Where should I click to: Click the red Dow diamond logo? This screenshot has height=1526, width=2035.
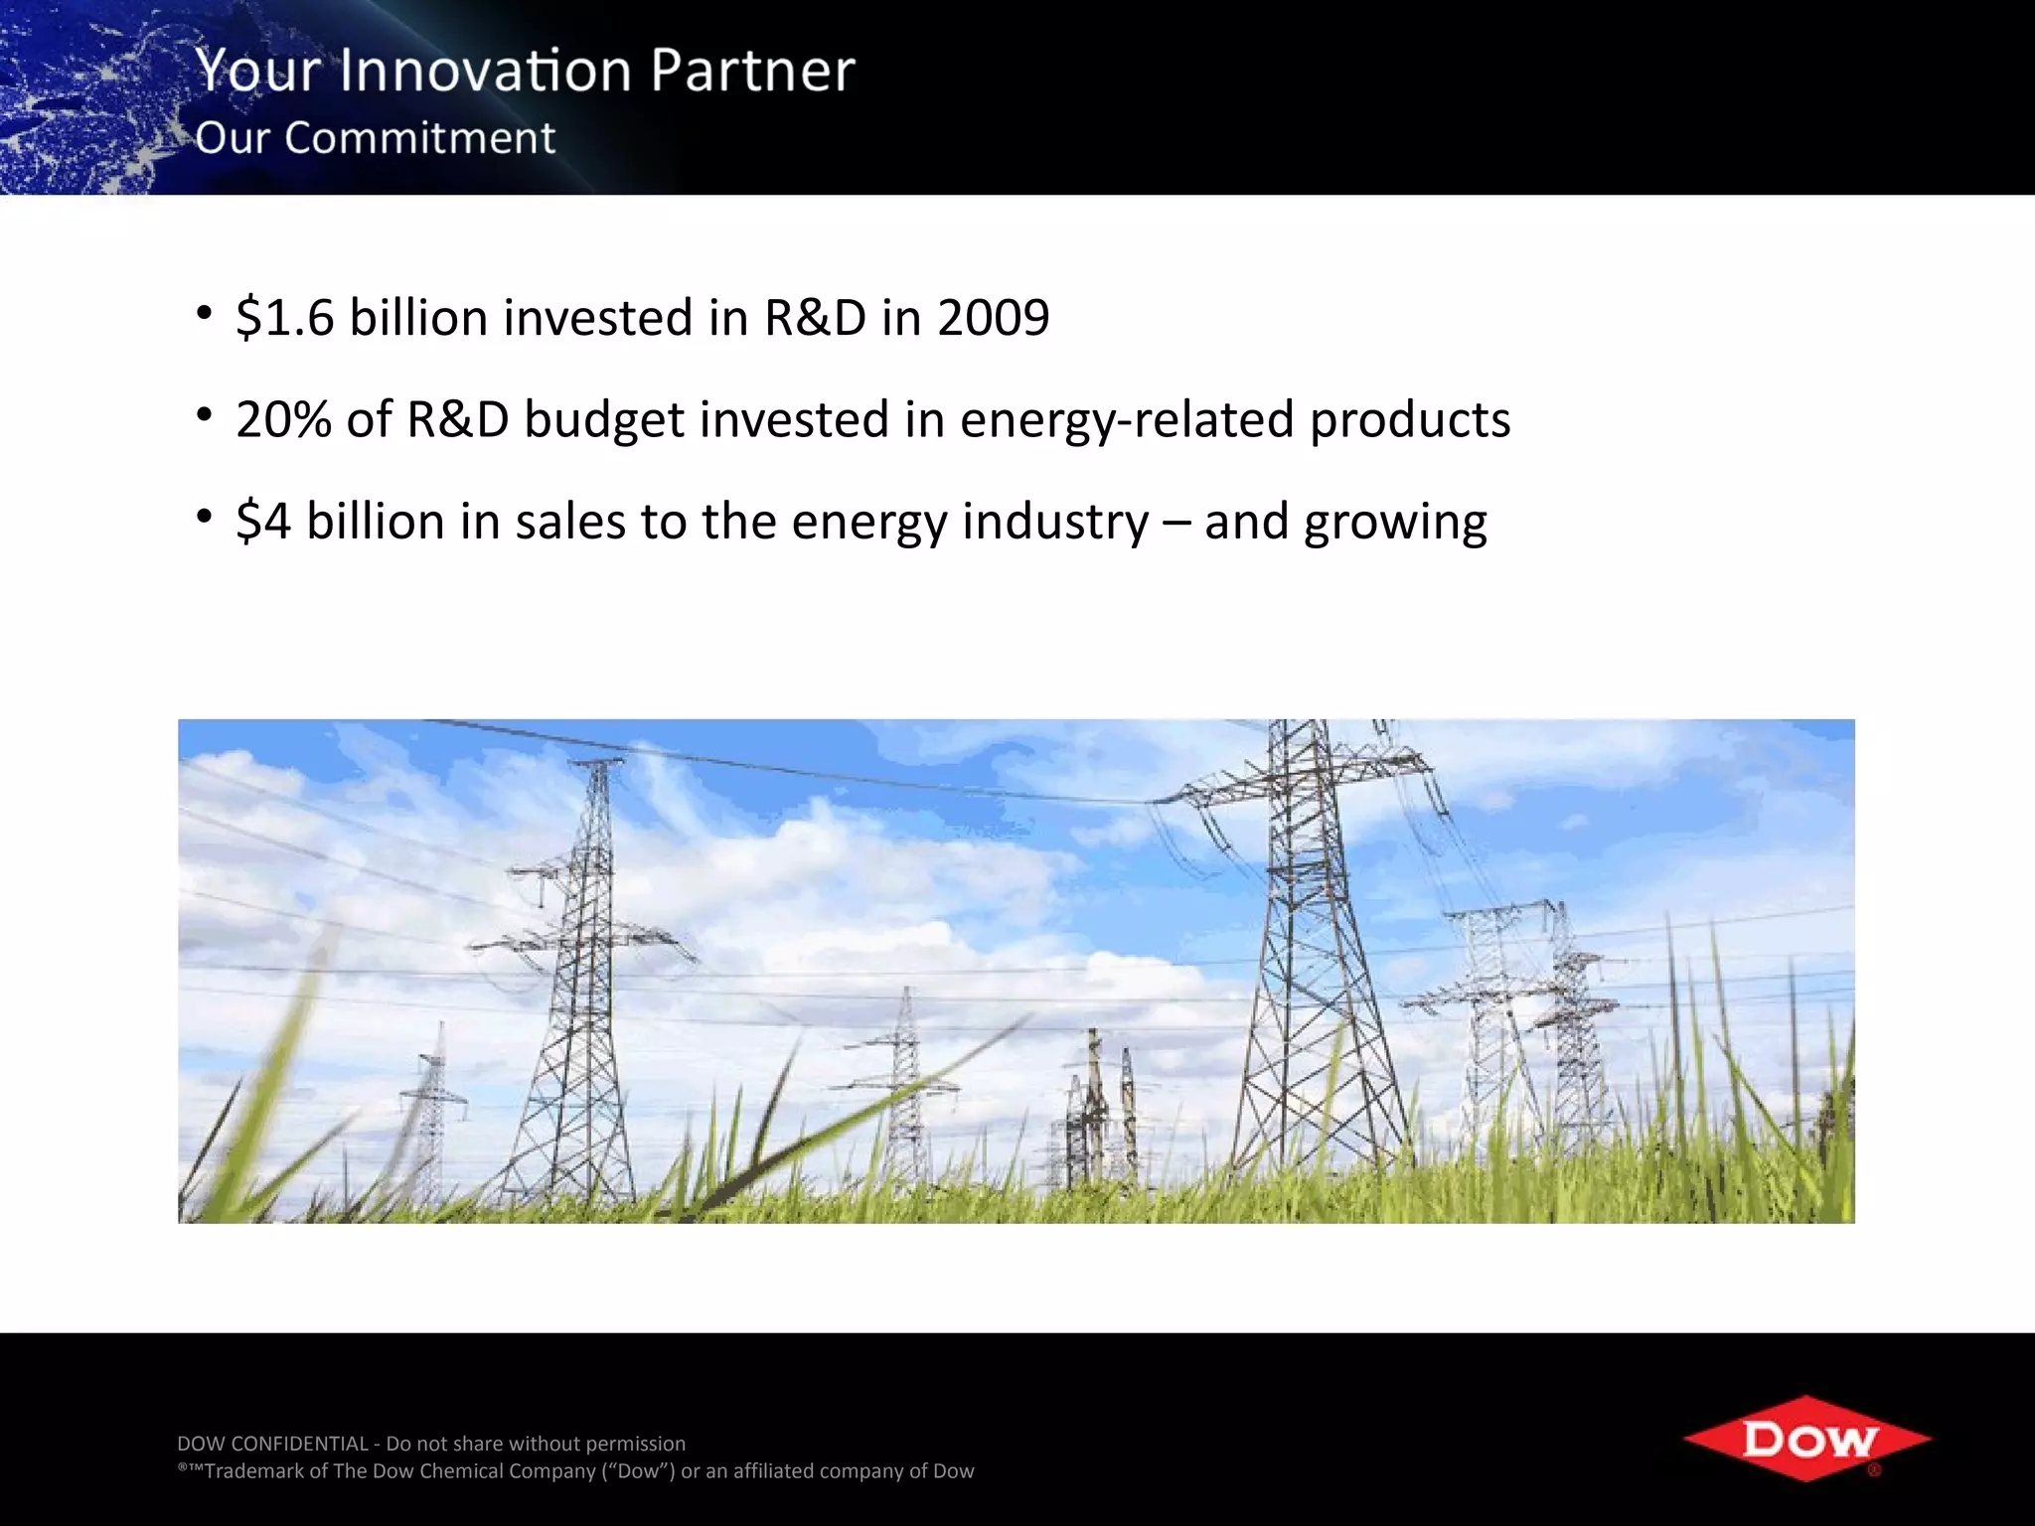[1806, 1439]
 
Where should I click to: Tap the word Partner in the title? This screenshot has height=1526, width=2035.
[752, 71]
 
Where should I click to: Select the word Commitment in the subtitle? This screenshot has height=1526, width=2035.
[419, 138]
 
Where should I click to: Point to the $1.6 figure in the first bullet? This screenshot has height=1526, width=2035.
[284, 318]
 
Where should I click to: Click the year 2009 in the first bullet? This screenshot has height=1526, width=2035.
[993, 318]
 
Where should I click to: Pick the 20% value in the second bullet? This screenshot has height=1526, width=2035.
[283, 419]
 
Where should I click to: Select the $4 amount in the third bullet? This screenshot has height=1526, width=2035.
[263, 522]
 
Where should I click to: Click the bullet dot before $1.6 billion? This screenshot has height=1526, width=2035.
[204, 313]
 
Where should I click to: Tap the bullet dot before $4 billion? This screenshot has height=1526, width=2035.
[204, 516]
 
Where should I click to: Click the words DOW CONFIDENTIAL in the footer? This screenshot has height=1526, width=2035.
[272, 1444]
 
